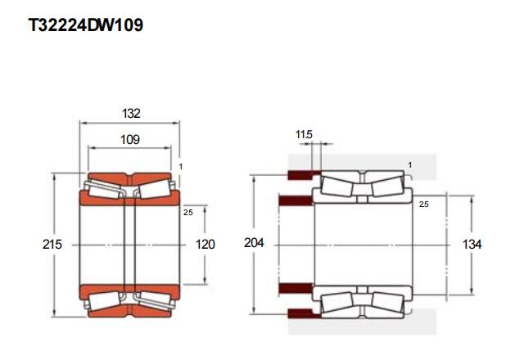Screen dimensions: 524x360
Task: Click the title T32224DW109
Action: click(x=86, y=25)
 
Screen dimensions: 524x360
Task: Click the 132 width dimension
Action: click(x=131, y=114)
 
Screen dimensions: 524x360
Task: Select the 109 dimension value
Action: click(x=130, y=140)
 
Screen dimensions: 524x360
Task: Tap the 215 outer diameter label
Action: click(x=52, y=245)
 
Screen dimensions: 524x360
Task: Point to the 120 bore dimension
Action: click(x=205, y=245)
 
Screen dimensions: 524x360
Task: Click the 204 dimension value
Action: click(x=254, y=243)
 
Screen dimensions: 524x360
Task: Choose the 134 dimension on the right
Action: click(x=472, y=245)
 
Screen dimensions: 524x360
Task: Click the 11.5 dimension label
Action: click(x=304, y=134)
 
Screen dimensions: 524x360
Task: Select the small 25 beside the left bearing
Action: click(x=188, y=213)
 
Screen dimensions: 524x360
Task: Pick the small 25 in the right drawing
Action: click(x=424, y=204)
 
